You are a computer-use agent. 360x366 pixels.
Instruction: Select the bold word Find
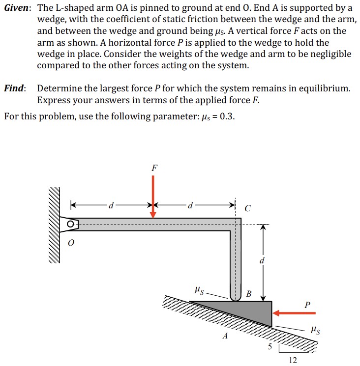point(15,88)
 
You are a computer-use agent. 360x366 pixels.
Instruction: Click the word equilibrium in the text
point(322,88)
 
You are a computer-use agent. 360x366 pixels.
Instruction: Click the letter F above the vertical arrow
point(154,167)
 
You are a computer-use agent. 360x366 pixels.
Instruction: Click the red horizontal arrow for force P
point(295,312)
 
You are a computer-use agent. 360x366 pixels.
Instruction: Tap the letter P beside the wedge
point(307,305)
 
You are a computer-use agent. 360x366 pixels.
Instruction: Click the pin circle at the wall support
point(72,225)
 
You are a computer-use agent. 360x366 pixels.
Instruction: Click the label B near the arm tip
point(248,294)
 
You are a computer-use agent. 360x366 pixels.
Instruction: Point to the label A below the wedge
point(226,336)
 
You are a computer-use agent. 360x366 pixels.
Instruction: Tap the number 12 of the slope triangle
point(293,360)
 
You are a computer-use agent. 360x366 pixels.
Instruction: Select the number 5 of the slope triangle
point(269,347)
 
